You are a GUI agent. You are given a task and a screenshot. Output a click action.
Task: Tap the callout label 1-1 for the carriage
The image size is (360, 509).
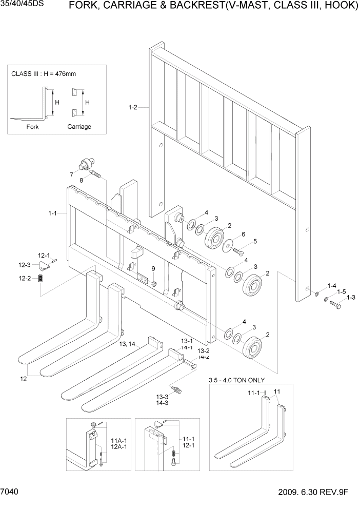(x=52, y=212)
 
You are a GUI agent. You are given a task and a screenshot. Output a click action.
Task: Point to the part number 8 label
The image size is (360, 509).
(x=81, y=180)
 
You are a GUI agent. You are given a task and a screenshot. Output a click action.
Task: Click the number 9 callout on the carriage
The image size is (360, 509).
(x=153, y=269)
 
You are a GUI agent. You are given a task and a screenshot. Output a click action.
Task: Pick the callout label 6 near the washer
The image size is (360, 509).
(x=243, y=234)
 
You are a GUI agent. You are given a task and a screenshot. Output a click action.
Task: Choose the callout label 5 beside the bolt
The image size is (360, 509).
(x=255, y=241)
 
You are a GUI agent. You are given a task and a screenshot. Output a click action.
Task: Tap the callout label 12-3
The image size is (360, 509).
(x=25, y=265)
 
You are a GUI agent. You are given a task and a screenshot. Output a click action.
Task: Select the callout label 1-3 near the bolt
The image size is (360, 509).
(x=351, y=298)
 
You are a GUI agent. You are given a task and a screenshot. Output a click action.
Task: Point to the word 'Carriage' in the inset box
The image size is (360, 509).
(x=79, y=127)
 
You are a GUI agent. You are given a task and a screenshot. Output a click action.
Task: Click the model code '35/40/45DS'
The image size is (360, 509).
(x=21, y=7)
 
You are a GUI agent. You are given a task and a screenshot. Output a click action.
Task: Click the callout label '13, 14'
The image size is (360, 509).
(x=127, y=343)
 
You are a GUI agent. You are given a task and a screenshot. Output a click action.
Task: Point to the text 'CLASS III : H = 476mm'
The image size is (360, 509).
(x=44, y=74)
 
